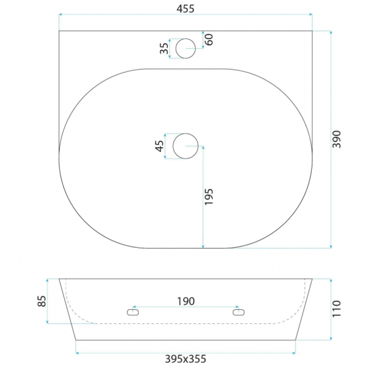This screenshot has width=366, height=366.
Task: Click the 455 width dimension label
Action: [185, 9]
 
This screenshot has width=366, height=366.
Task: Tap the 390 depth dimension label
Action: [337, 139]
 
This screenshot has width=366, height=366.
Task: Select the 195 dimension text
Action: [209, 197]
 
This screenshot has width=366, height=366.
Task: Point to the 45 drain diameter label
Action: [160, 146]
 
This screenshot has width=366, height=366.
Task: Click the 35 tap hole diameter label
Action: [164, 48]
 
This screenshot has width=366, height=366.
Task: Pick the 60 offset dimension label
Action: [209, 40]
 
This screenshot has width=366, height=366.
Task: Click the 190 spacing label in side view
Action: [186, 301]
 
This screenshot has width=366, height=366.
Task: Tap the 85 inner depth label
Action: [41, 301]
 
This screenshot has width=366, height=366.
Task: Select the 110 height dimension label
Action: [337, 309]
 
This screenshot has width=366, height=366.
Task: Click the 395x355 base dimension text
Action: [185, 359]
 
